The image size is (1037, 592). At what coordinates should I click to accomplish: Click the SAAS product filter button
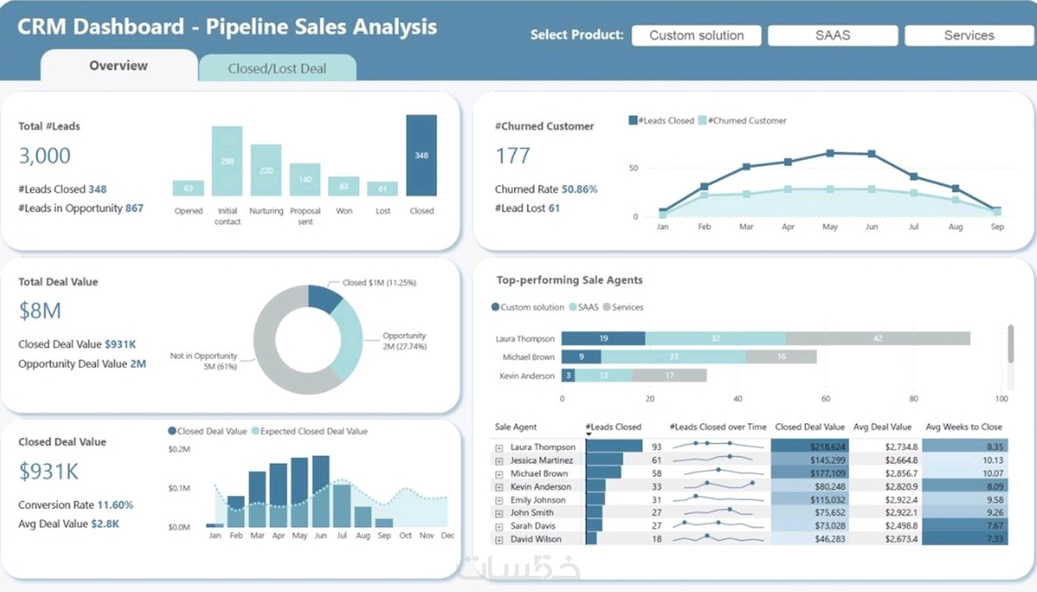click(x=833, y=35)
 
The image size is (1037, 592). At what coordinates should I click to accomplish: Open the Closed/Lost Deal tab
click(x=277, y=68)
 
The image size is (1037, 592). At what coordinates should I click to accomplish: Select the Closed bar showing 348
click(x=422, y=155)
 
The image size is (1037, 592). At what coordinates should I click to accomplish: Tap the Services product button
click(x=969, y=35)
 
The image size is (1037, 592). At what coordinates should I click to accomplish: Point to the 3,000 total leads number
click(x=45, y=156)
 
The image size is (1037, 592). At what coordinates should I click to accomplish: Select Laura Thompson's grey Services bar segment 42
click(x=877, y=338)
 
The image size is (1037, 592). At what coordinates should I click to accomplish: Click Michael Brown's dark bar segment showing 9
click(x=581, y=356)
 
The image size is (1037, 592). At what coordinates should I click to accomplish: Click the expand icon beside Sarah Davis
click(x=499, y=526)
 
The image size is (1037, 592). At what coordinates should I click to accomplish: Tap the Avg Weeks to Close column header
click(x=963, y=427)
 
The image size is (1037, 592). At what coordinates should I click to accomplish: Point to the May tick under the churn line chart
click(x=830, y=226)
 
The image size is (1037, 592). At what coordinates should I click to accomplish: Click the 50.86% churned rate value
click(x=579, y=189)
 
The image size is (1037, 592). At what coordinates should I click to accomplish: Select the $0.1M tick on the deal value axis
click(x=179, y=488)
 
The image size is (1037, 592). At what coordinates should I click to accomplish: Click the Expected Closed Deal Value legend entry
click(x=313, y=431)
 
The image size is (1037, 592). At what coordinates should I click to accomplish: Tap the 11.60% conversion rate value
click(x=115, y=505)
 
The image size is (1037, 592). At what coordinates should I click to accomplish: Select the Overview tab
click(x=118, y=66)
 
